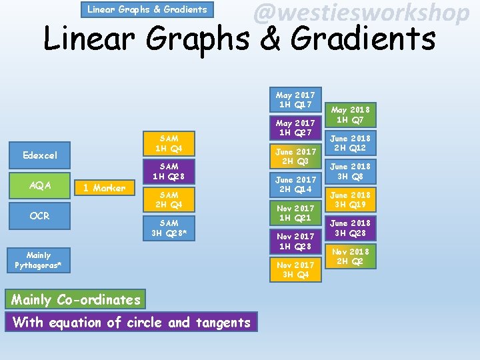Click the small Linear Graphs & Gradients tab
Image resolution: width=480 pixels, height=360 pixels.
147,9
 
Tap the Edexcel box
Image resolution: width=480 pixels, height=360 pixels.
40,155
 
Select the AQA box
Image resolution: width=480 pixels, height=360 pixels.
40,185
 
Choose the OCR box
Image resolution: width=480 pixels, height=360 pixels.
40,215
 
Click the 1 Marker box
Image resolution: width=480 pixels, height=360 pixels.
104,188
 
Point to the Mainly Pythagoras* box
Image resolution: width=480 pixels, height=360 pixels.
39,260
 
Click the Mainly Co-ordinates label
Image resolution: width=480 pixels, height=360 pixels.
76,299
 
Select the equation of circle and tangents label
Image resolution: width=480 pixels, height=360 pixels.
131,323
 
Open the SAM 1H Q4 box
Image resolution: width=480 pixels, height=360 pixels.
169,143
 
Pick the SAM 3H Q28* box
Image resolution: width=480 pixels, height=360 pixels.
169,228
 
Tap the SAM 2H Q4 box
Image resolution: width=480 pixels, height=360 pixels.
169,200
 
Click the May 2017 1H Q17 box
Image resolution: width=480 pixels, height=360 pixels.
295,99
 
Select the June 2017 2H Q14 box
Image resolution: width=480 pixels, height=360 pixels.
295,185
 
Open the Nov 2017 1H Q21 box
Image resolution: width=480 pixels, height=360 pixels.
295,213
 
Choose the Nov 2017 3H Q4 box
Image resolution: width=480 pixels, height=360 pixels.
295,270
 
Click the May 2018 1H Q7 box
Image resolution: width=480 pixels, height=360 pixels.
351,115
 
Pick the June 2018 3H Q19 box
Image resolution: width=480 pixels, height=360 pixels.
351,200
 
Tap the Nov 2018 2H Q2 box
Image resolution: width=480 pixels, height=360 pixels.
351,257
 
